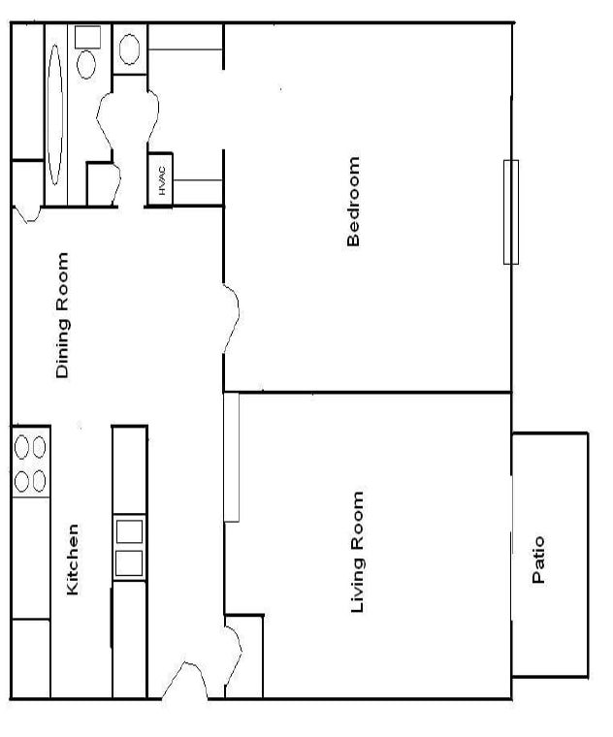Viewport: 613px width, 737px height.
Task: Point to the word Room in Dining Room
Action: point(63,281)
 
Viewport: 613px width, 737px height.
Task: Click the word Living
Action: point(357,584)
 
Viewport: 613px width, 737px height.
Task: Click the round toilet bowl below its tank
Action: point(87,64)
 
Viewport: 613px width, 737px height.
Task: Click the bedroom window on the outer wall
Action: point(510,211)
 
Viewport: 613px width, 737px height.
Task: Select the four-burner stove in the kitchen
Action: point(30,464)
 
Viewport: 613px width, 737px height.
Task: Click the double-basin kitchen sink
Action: point(129,548)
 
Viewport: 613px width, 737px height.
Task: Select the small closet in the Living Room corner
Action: point(244,656)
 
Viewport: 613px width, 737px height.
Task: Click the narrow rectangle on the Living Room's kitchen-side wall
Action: point(232,456)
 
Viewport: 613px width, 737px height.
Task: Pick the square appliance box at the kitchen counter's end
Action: point(30,659)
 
